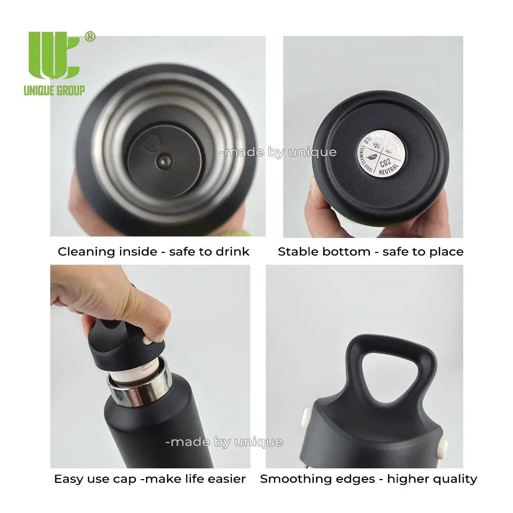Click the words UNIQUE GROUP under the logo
[x=54, y=91]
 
